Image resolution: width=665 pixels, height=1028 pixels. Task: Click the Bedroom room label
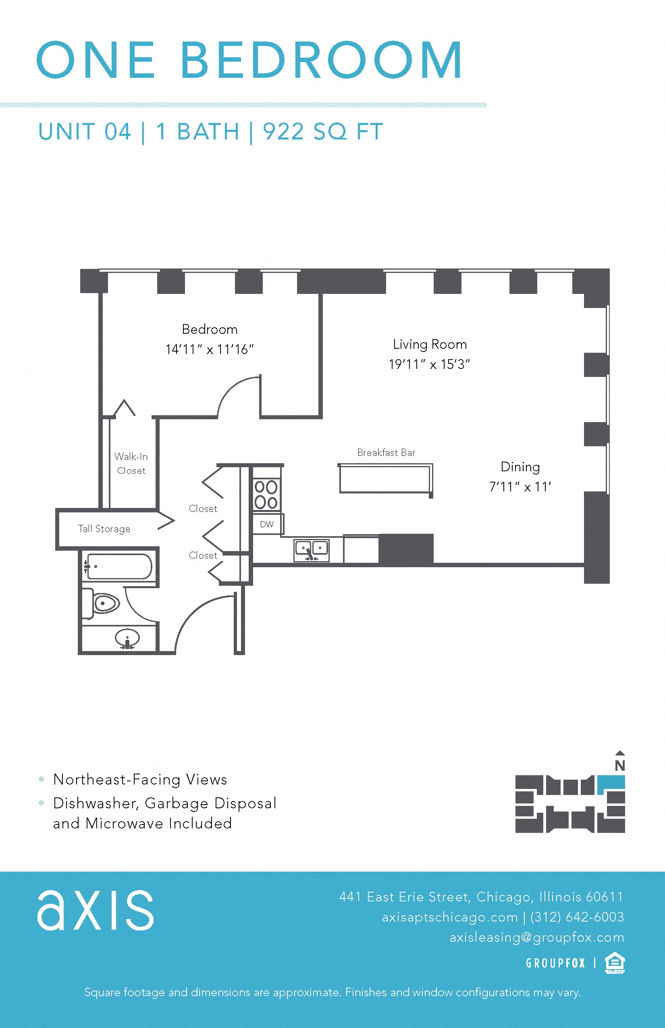pyautogui.click(x=210, y=330)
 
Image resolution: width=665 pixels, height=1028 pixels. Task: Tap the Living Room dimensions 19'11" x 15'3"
pyautogui.click(x=429, y=364)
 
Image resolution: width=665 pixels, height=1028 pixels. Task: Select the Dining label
pyautogui.click(x=520, y=467)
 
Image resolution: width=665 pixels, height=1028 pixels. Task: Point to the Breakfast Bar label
pyautogui.click(x=386, y=453)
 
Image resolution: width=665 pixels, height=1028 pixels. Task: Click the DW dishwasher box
pyautogui.click(x=267, y=524)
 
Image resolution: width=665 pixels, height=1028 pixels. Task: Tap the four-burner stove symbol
pyautogui.click(x=266, y=495)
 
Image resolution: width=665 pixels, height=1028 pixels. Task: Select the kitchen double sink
pyautogui.click(x=311, y=550)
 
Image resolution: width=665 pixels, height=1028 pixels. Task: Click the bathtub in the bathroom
pyautogui.click(x=118, y=566)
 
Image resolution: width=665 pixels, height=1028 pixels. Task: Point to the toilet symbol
pyautogui.click(x=104, y=603)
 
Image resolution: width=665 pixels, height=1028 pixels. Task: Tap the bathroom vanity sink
pyautogui.click(x=127, y=638)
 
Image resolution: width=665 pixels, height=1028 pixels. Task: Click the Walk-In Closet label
pyautogui.click(x=131, y=464)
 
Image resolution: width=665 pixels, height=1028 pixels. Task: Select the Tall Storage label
pyautogui.click(x=104, y=529)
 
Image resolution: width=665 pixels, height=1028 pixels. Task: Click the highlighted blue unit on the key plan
pyautogui.click(x=611, y=783)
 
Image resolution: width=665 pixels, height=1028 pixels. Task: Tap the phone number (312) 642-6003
pyautogui.click(x=577, y=917)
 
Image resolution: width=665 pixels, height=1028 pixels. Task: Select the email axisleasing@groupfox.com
pyautogui.click(x=537, y=937)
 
